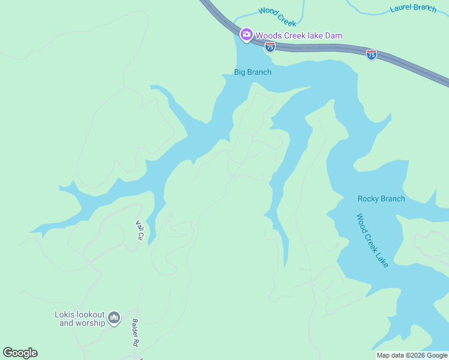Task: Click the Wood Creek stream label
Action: [x=277, y=17]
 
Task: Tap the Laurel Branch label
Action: [x=413, y=8]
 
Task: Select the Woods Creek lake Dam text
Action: [x=299, y=35]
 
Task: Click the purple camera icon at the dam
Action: [x=246, y=35]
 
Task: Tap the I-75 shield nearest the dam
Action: [x=270, y=47]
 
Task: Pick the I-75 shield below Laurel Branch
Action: [x=372, y=55]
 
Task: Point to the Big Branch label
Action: [x=252, y=72]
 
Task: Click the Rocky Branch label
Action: [x=381, y=199]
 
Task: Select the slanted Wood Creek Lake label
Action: [x=372, y=241]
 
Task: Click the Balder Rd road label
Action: [x=136, y=332]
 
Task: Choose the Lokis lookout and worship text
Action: [x=80, y=319]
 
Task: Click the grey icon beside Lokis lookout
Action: [x=115, y=317]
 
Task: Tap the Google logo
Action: [x=20, y=353]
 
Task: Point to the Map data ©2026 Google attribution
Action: [x=412, y=355]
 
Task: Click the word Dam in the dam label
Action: [x=334, y=35]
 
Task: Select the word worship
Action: [x=91, y=323]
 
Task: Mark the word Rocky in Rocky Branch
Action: [x=369, y=199]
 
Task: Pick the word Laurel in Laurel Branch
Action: [x=400, y=8]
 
